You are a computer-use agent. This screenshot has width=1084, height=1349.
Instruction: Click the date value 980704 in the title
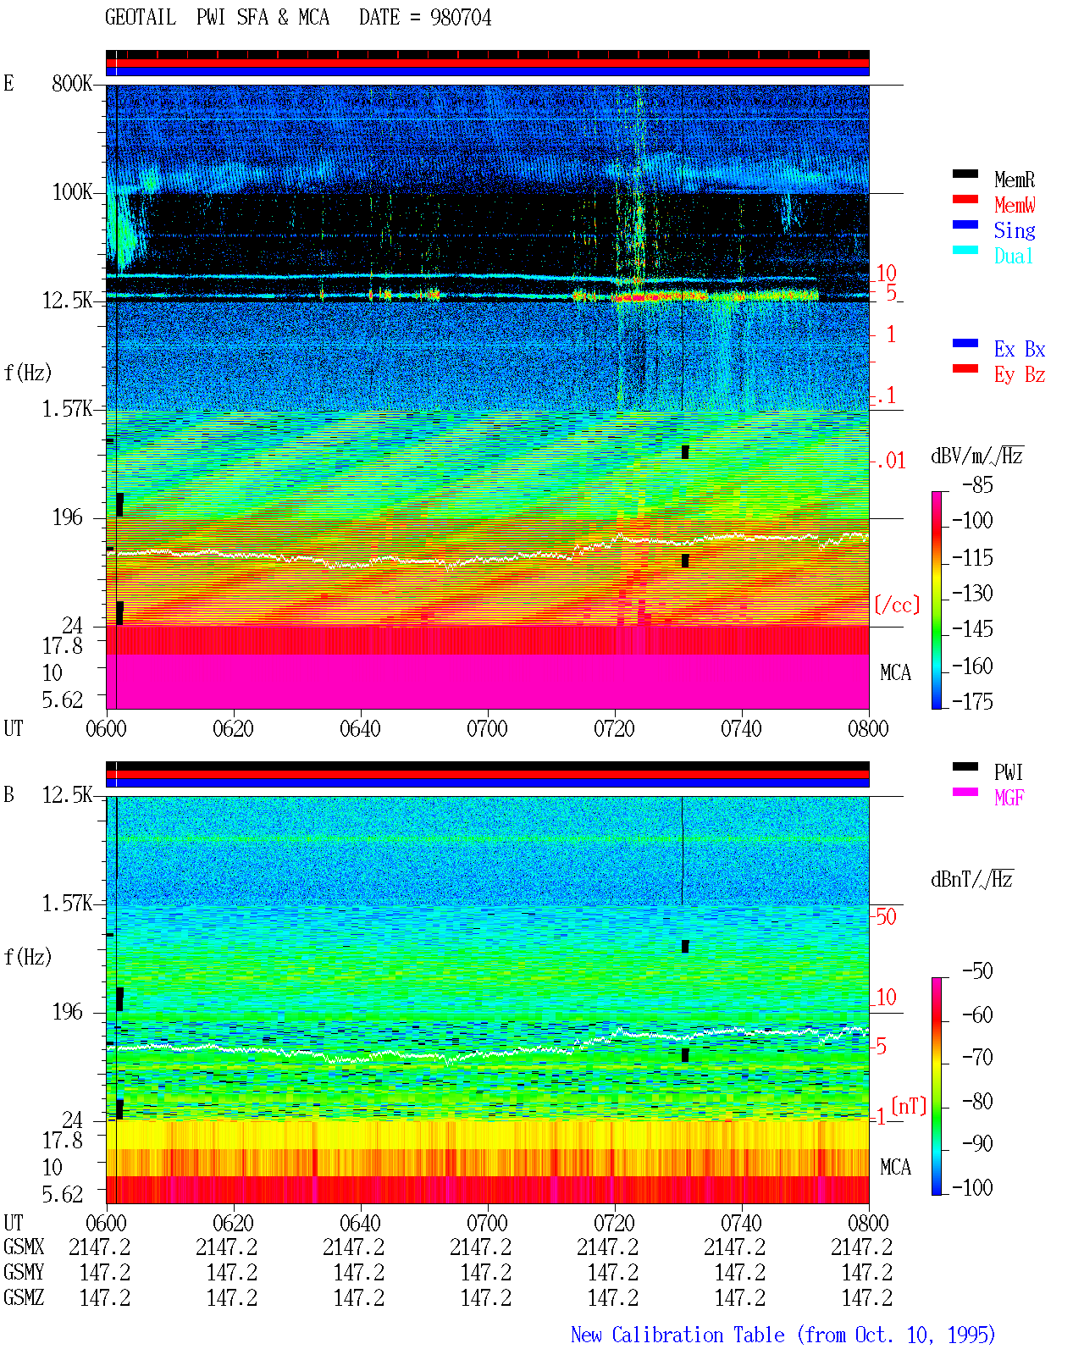pos(460,18)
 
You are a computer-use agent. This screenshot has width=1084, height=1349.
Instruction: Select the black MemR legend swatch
pos(965,174)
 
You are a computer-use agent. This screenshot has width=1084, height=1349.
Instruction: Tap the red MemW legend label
pos(1015,205)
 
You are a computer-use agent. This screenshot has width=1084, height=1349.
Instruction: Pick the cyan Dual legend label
pos(1013,256)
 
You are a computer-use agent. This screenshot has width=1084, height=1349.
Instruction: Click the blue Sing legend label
pos(1014,230)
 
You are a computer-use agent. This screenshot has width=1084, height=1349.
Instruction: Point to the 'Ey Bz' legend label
pos(1019,375)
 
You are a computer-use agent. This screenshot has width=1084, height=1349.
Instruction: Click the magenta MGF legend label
pos(1009,798)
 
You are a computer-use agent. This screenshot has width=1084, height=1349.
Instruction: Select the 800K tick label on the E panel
pos(72,83)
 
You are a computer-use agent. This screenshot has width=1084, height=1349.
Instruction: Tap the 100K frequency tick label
pos(72,192)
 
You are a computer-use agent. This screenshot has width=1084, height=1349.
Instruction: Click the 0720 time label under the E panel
pos(614,729)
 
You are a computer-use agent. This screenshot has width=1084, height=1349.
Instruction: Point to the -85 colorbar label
pos(977,485)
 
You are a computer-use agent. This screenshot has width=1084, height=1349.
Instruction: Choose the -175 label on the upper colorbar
pos(972,702)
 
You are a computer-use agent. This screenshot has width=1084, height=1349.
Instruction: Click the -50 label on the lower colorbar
pos(977,971)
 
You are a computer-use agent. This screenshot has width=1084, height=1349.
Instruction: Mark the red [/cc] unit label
pos(897,605)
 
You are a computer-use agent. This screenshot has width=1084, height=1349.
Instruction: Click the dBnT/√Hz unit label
pos(971,880)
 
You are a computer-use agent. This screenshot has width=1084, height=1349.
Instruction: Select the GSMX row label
pos(24,1247)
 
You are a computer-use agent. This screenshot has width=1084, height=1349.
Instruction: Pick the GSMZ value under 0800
pos(866,1297)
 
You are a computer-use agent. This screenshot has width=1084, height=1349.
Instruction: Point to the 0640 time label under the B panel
pos(360,1223)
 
